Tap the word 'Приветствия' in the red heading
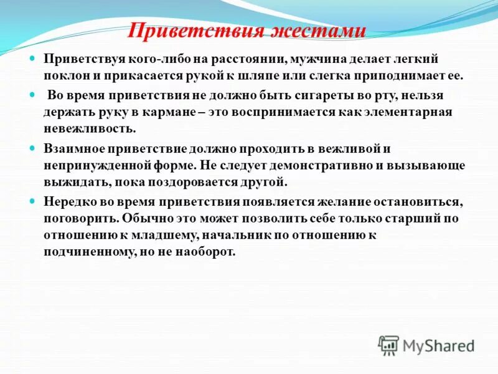pyautogui.click(x=198, y=31)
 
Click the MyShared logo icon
pyautogui.click(x=389, y=344)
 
